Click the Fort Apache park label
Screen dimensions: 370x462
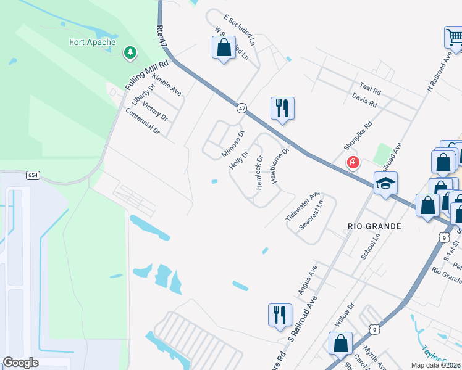tap(92, 43)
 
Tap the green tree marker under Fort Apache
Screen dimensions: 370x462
tap(130, 53)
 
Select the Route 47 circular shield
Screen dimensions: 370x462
tap(241, 108)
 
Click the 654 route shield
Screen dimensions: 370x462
tap(33, 175)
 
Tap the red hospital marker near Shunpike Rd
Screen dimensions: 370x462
tap(353, 163)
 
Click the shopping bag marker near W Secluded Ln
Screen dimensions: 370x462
tap(224, 47)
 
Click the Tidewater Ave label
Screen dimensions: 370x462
tap(303, 206)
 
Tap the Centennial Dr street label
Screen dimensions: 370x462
tap(143, 121)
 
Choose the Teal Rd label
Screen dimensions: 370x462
tap(370, 89)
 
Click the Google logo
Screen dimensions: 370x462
tap(20, 363)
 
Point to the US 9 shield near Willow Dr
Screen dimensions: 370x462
tap(374, 330)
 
